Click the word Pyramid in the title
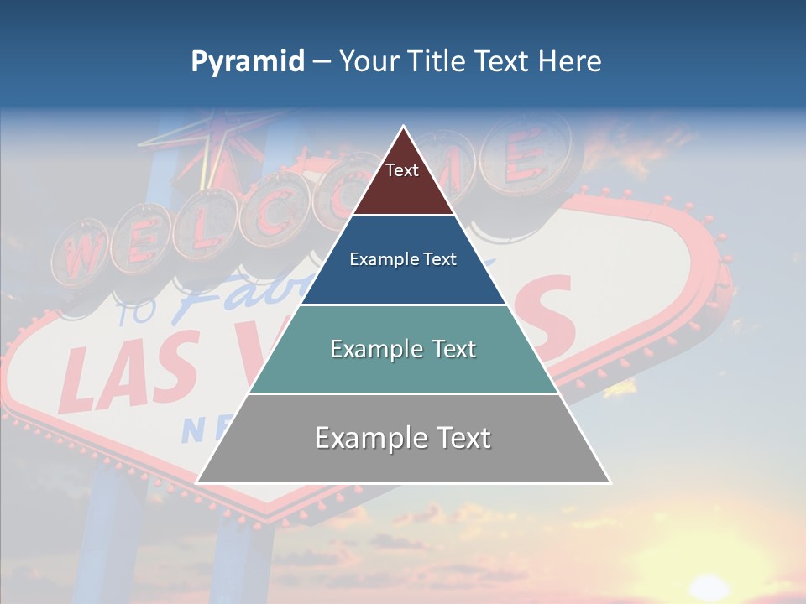[x=247, y=62]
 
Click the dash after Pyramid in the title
[x=322, y=62]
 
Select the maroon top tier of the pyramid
[x=402, y=180]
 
